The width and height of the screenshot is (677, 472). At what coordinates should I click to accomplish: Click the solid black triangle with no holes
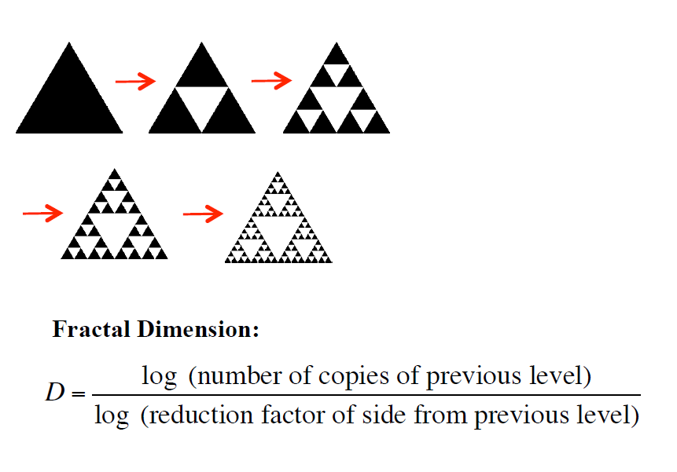tap(69, 98)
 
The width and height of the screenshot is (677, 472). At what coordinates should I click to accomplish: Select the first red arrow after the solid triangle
tap(135, 80)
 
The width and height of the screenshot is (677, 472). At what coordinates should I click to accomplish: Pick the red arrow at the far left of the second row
tap(42, 212)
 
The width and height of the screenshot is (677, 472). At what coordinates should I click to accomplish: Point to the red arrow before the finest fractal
tap(203, 213)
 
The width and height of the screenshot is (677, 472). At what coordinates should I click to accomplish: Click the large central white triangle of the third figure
tap(337, 101)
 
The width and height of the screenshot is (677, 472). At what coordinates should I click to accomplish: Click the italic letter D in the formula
tap(56, 393)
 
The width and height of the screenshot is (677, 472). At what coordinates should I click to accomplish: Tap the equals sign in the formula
tap(78, 393)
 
